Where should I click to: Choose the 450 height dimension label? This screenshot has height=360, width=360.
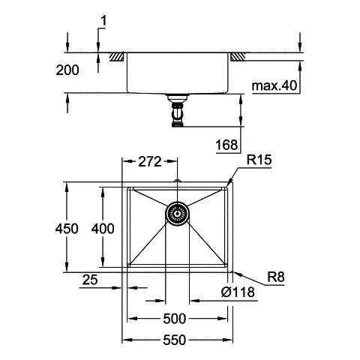[67, 229]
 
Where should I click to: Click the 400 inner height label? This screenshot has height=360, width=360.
[102, 229]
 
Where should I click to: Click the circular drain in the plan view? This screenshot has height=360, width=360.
[178, 213]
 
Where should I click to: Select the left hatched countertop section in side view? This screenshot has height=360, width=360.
[118, 56]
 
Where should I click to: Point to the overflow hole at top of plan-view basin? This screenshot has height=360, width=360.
[178, 182]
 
